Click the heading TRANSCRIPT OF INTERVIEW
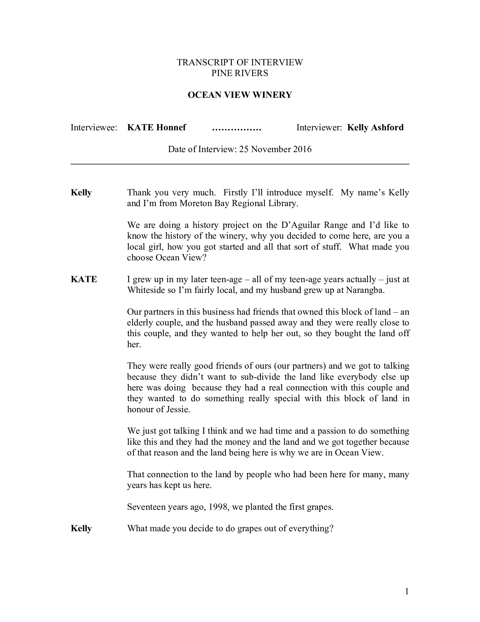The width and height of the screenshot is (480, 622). click(240, 62)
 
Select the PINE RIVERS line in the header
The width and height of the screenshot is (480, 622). click(240, 73)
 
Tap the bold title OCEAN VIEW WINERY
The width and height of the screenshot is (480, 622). click(240, 95)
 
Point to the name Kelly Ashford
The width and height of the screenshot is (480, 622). click(375, 127)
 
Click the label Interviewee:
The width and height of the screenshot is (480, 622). click(94, 127)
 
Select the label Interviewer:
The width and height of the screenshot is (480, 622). click(319, 127)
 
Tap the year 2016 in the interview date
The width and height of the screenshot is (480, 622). click(301, 149)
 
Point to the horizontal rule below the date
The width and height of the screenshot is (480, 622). click(240, 164)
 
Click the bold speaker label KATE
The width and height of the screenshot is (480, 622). click(84, 279)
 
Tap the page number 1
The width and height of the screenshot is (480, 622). click(407, 591)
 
